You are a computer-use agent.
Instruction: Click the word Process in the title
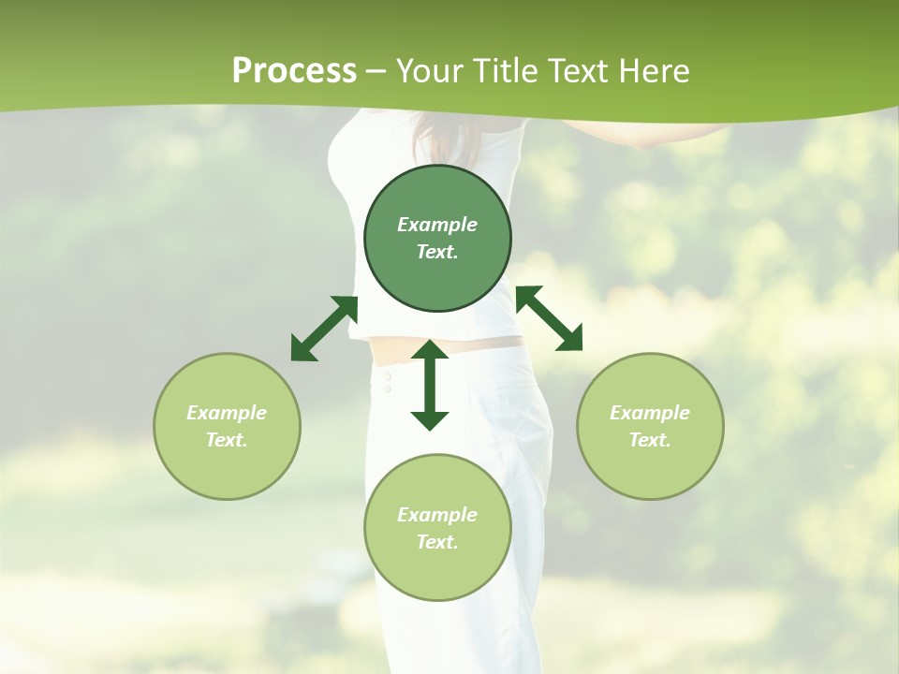coord(294,71)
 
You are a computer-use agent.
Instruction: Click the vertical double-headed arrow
coord(430,385)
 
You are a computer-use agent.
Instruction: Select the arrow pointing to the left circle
coord(324,329)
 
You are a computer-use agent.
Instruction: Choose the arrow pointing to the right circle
coord(549,318)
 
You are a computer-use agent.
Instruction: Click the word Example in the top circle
coord(437,225)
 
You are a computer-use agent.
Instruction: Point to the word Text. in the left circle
coord(227,440)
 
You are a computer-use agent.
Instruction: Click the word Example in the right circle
coord(650,413)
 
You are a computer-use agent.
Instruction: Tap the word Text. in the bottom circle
coord(437,542)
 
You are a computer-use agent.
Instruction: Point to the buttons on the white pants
coord(385,381)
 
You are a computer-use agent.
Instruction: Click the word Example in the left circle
coord(227,413)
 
